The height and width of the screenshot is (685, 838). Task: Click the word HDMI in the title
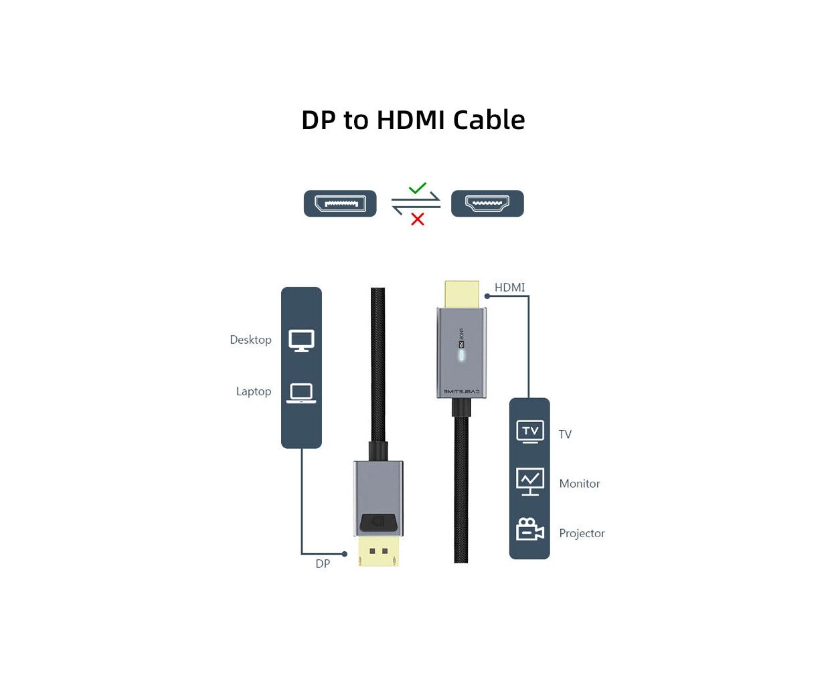[410, 120]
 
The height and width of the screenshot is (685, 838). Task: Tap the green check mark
[418, 189]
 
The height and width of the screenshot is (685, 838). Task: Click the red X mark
[418, 219]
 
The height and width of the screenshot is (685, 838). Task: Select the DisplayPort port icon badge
[340, 203]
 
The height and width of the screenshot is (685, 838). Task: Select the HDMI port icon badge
[487, 203]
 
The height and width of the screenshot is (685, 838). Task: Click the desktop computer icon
[301, 340]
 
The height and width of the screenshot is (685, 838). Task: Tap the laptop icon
[301, 393]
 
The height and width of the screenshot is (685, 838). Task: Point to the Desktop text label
[250, 340]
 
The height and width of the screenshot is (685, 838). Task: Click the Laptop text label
[253, 391]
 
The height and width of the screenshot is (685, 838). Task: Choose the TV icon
[530, 431]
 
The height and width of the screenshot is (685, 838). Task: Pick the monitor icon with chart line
[530, 482]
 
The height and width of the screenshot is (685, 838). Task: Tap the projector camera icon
[530, 530]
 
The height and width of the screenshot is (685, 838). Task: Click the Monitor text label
[579, 484]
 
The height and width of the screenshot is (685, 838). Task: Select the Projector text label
[582, 533]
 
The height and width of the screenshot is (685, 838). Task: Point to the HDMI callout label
[509, 288]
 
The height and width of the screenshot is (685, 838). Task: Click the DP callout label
[323, 564]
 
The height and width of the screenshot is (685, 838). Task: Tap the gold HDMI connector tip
[462, 294]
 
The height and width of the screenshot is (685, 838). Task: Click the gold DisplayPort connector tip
[378, 552]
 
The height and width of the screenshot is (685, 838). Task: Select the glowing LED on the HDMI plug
[461, 355]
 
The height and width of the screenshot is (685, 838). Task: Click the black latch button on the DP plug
[378, 522]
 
